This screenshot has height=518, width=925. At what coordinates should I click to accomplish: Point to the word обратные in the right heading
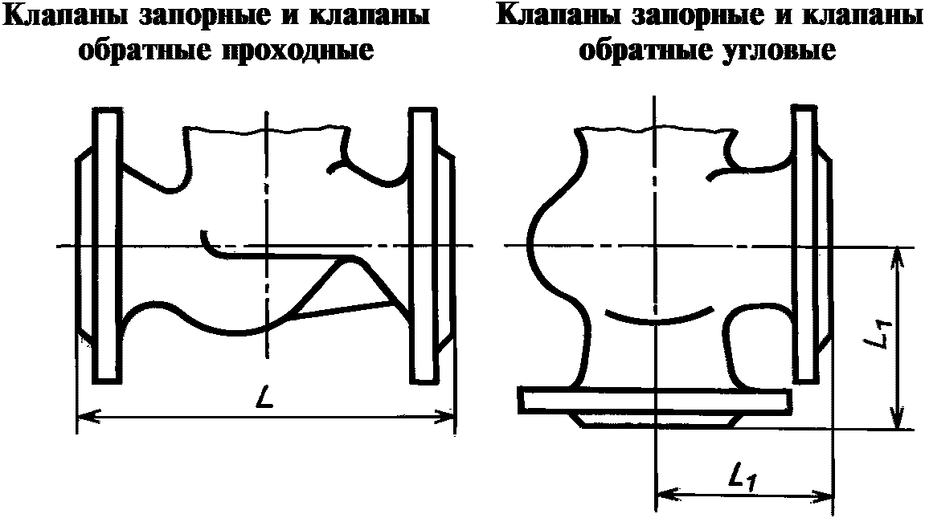click(x=636, y=51)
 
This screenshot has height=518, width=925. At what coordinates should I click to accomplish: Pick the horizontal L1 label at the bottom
click(x=744, y=479)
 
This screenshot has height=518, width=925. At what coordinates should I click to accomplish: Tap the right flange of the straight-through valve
click(x=422, y=245)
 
